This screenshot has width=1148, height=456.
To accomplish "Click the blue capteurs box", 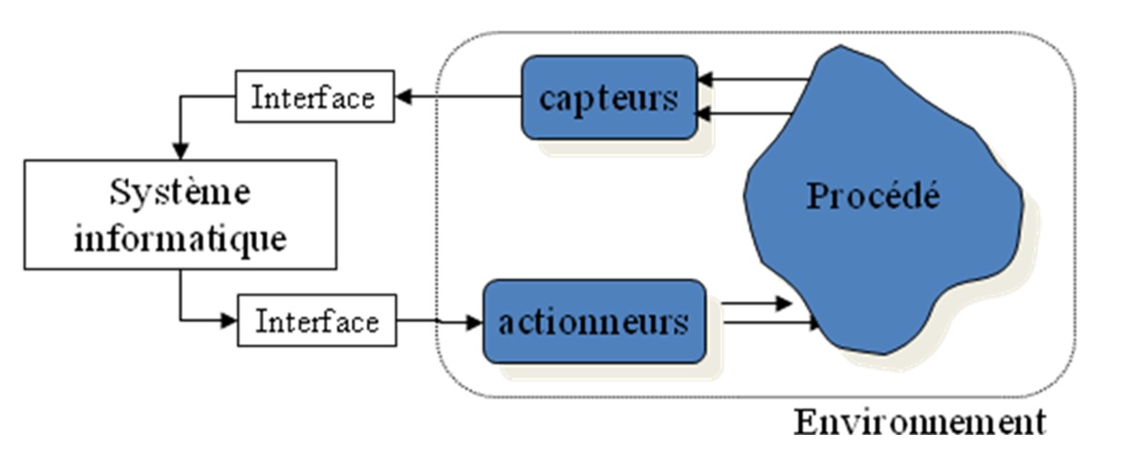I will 609,98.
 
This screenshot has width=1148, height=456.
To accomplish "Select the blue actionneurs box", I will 594,321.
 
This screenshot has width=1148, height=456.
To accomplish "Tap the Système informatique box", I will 180,214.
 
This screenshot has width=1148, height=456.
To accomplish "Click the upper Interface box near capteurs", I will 314,97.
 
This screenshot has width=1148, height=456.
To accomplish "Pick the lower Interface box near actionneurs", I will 316,321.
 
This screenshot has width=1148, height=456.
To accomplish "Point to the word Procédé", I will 873,196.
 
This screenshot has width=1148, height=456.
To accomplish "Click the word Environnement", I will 920,422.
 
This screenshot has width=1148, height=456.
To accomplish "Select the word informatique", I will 180,237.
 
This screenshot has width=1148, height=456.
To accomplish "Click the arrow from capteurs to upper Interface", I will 459,97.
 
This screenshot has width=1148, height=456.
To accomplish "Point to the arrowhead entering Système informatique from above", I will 180,150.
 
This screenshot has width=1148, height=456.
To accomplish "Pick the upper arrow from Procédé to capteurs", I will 750,80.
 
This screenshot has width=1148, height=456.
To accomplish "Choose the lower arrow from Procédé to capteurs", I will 746,114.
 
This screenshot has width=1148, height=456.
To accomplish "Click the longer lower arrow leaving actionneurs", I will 769,324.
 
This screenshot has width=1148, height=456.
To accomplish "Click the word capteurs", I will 609,98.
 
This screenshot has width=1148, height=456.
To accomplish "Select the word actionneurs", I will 594,321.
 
